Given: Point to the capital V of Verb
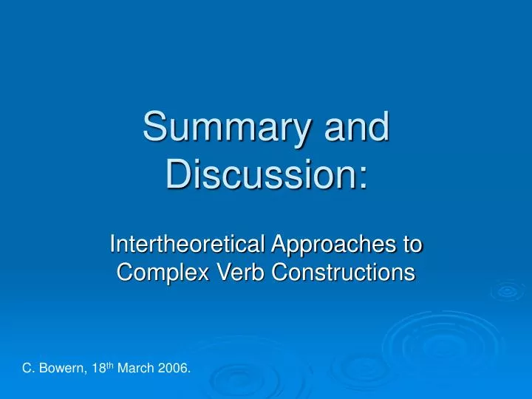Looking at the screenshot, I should [204, 273].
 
